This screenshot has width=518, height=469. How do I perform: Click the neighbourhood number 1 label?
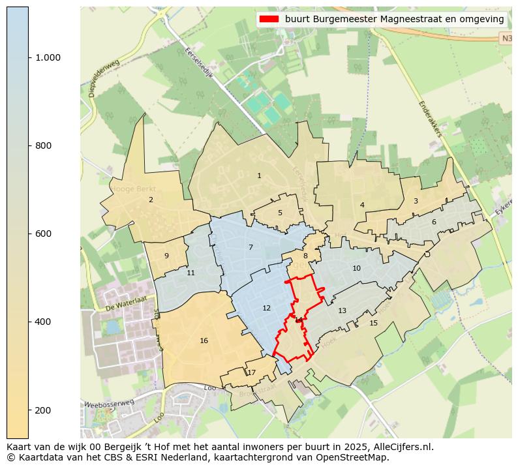coord(259,175)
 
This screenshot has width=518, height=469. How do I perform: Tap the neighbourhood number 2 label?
coord(151,200)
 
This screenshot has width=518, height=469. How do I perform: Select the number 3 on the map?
coord(416,201)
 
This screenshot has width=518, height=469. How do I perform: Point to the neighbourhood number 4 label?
coord(362,205)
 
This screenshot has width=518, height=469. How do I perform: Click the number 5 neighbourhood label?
coord(280,213)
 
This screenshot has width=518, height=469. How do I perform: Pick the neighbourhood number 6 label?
coord(434,222)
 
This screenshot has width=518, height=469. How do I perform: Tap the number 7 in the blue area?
coord(251,247)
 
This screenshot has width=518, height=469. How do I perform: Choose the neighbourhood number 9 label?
coord(166,256)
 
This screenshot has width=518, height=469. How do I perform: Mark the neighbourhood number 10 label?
coord(356,268)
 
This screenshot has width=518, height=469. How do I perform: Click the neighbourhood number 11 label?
coord(190,273)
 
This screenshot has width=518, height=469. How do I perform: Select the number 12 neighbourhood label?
coord(266,308)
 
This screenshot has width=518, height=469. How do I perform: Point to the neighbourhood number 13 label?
coord(342,310)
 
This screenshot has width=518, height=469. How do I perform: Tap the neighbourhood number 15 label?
coord(373,323)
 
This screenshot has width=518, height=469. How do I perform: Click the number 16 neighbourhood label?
coord(204,340)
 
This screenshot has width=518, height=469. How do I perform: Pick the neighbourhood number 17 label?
coord(251,372)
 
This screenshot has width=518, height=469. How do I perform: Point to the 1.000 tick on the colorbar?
coord(48,57)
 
